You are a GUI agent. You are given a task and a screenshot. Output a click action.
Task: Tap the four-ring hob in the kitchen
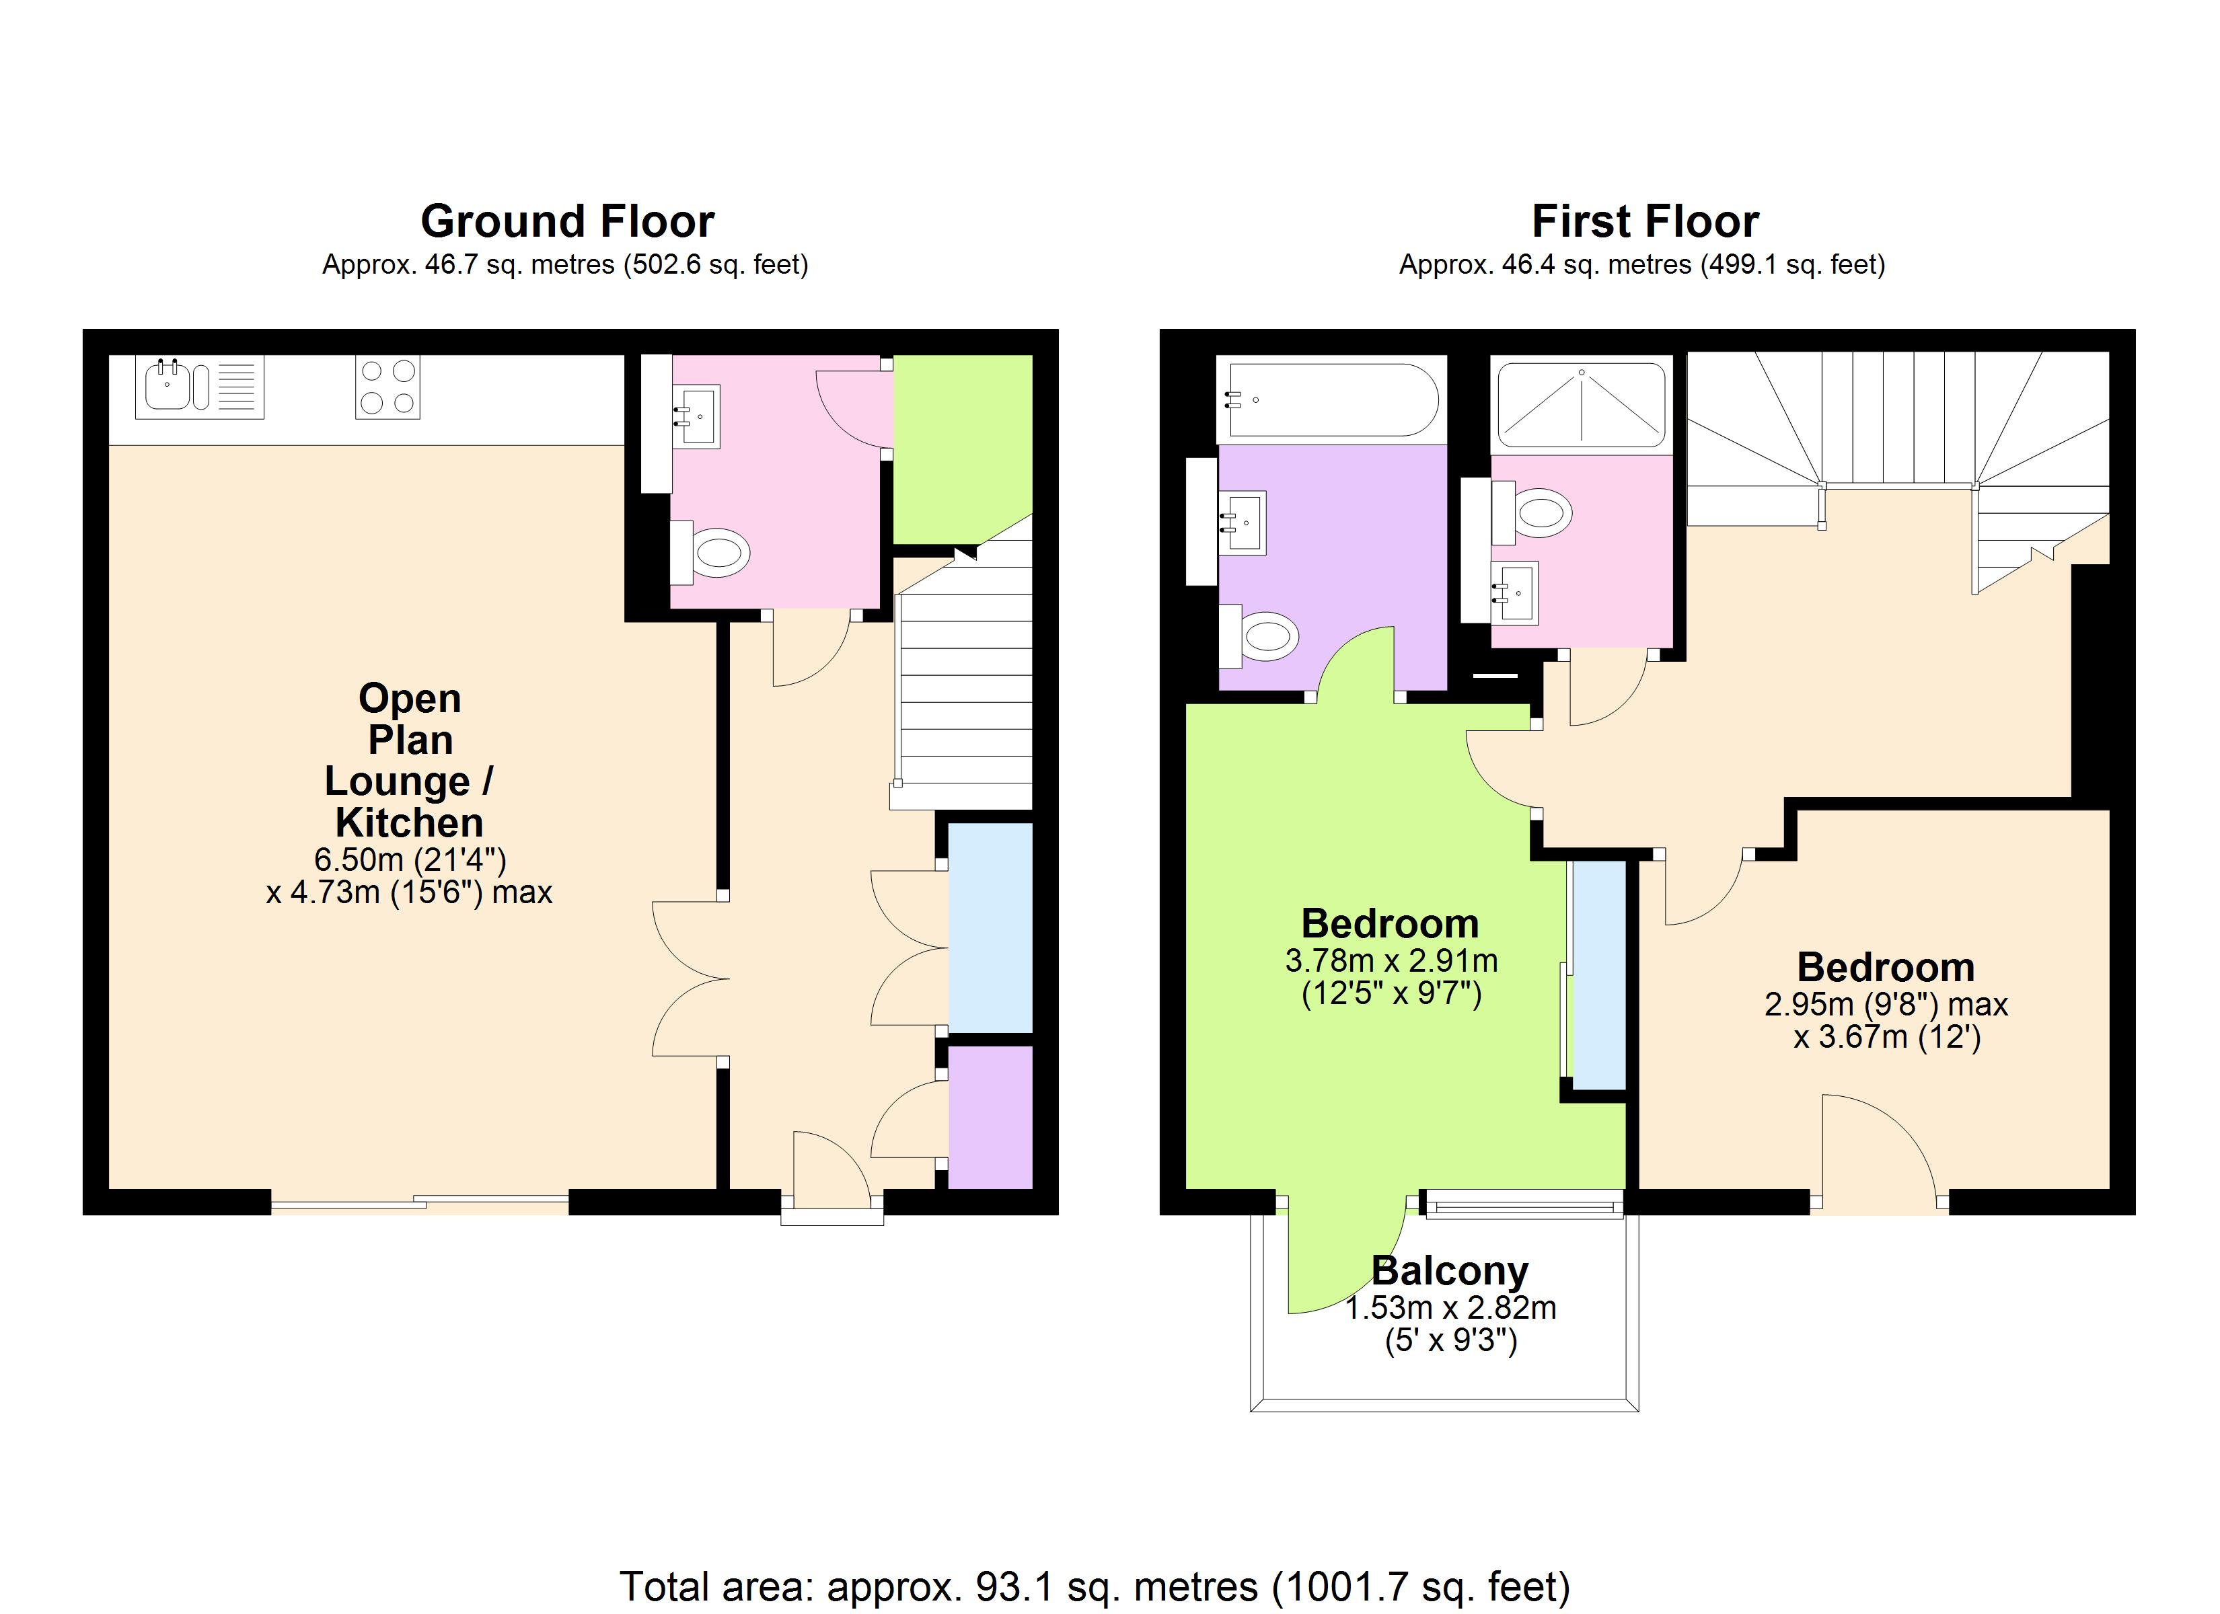pyautogui.click(x=387, y=387)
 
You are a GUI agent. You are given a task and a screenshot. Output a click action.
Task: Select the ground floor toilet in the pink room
pyautogui.click(x=718, y=553)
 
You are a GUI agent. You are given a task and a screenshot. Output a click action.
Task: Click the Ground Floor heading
pyautogui.click(x=568, y=221)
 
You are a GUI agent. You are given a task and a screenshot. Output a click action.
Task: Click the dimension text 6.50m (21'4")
pyautogui.click(x=410, y=859)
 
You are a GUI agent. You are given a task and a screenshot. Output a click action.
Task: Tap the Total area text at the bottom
pyautogui.click(x=1095, y=1586)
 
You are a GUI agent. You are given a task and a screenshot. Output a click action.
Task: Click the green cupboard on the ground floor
pyautogui.click(x=961, y=445)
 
